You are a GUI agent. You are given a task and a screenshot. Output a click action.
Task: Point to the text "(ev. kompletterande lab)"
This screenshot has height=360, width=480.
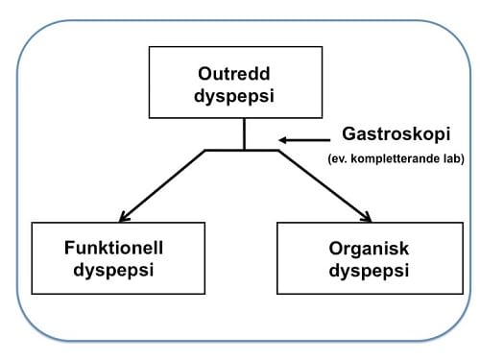pyautogui.click(x=392, y=158)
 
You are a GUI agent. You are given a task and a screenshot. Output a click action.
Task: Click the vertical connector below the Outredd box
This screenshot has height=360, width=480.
pyautogui.click(x=244, y=133)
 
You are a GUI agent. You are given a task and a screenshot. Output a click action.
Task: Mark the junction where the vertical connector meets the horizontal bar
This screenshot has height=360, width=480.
pyautogui.click(x=244, y=150)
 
